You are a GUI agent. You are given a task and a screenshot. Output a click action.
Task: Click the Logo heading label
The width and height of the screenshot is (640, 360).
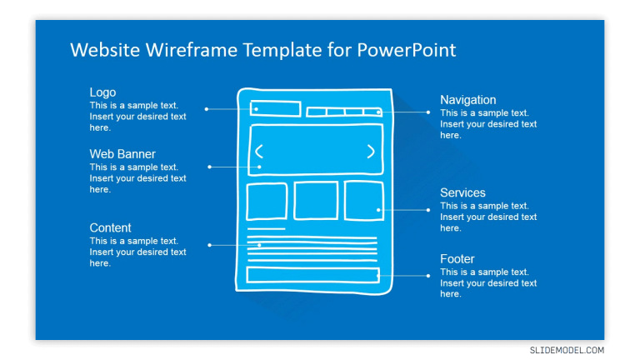coord(102,92)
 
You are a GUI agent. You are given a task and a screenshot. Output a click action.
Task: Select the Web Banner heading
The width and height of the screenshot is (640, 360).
coord(122,154)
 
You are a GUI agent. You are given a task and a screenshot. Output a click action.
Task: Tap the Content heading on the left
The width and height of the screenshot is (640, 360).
coord(110,227)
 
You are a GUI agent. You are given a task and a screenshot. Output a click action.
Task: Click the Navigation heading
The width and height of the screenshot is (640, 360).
coord(467,100)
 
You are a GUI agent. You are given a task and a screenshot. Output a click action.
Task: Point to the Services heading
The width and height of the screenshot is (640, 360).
coord(462,192)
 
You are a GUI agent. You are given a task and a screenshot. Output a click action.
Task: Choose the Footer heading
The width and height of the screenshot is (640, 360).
coord(457,259)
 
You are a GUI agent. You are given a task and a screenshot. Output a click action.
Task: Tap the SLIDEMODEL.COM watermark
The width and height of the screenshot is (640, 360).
coord(567,351)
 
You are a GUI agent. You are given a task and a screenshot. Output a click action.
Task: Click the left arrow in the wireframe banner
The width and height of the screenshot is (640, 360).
coord(259,152)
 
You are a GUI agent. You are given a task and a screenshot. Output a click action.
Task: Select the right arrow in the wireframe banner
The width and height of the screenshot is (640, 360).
coord(371,152)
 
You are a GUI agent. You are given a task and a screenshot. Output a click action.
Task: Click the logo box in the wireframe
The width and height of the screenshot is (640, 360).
coord(275,108)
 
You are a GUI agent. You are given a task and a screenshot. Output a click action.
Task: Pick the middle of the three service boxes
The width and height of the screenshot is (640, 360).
coord(316,201)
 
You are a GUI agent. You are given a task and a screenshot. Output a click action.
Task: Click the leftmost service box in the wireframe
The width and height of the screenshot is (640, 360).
coord(267,201)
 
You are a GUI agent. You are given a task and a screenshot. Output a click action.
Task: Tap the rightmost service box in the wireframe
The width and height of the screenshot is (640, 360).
coord(364,201)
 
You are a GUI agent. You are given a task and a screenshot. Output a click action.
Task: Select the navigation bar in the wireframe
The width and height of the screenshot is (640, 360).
coord(343,112)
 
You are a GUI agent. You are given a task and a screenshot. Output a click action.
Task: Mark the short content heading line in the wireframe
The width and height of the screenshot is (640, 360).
coord(267,228)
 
